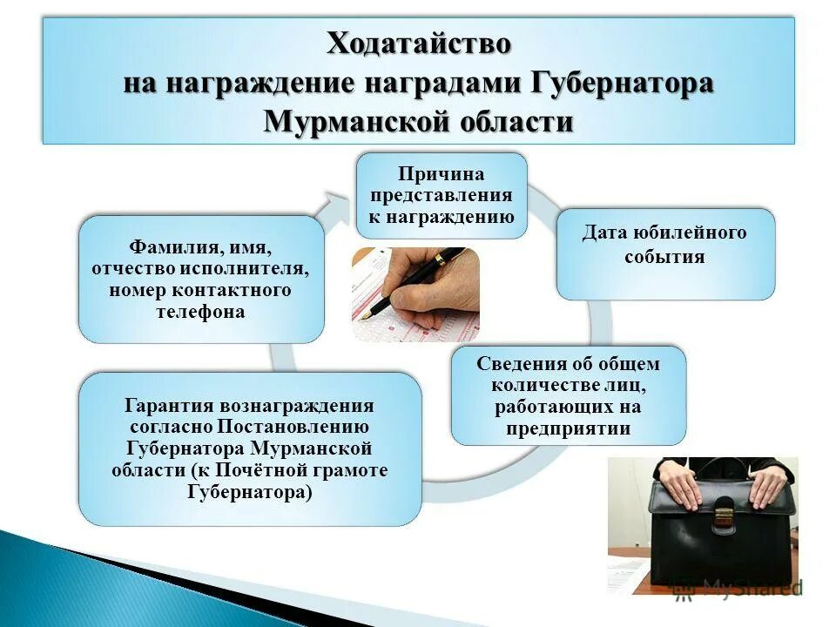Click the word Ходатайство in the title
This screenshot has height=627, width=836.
pos(419,44)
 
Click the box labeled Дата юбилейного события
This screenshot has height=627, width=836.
pos(665,253)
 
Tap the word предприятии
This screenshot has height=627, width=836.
pos(568,428)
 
